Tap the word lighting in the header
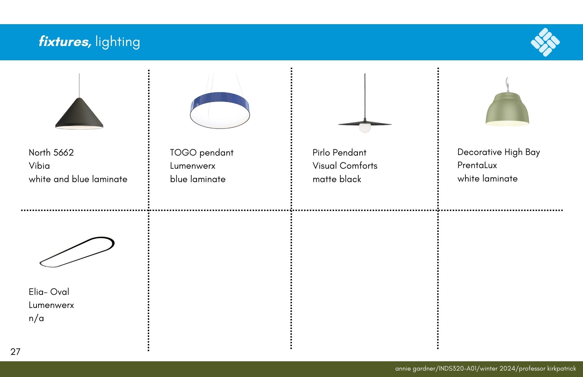[x=118, y=42]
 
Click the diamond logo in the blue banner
[x=545, y=42]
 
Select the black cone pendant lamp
[x=79, y=114]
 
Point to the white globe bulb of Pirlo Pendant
[x=365, y=128]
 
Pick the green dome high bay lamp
[x=507, y=109]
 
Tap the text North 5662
[x=51, y=152]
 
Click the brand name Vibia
[x=39, y=166]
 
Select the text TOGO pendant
[x=202, y=153]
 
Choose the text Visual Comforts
[x=345, y=166]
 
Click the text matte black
[x=337, y=179]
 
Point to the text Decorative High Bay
[x=499, y=152]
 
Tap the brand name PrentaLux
[x=477, y=165]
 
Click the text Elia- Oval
[x=49, y=292]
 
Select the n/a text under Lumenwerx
[x=36, y=318]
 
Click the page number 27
[x=15, y=352]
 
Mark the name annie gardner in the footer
[x=415, y=369]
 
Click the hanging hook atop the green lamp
[x=508, y=84]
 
